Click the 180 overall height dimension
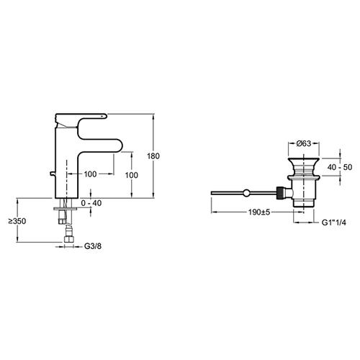coord(153,156)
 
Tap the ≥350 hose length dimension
coord(17,221)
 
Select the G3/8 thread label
coord(93,246)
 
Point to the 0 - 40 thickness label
coord(91,203)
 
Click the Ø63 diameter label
coord(304,143)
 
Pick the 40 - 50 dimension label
coord(340,167)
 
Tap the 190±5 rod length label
coord(259,212)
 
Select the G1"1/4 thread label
coord(334,222)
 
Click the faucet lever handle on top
coord(81,117)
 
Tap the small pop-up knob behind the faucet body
coord(53,174)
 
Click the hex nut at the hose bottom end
coord(68,239)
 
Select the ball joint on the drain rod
coord(246,193)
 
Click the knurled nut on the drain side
coord(280,193)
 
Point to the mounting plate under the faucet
coord(66,209)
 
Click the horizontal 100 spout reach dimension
coord(90,174)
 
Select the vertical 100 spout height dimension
coord(132,175)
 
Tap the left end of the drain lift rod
coord(212,193)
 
